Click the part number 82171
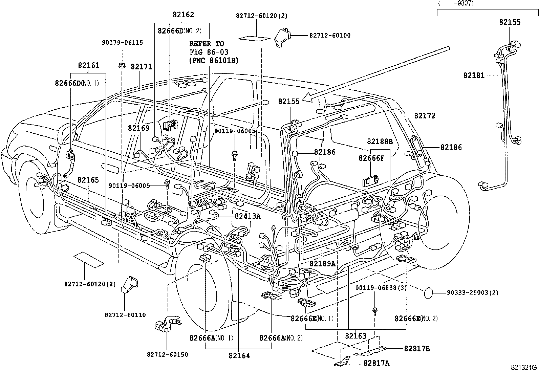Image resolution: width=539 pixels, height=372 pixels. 141,67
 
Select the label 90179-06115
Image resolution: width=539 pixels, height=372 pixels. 122,43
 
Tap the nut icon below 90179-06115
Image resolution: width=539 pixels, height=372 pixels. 121,65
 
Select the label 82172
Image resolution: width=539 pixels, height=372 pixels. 425,116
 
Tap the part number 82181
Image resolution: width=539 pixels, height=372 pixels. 474,75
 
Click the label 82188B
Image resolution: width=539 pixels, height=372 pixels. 380,142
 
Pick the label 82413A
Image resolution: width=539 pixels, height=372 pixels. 247,216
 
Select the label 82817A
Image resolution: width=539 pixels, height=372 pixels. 376,363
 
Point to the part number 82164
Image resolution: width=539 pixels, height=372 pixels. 239,355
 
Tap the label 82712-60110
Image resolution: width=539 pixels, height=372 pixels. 125,315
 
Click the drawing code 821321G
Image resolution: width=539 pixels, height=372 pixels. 524,368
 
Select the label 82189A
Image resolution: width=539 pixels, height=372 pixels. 322,263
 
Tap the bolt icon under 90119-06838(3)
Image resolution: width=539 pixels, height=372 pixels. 374,310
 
